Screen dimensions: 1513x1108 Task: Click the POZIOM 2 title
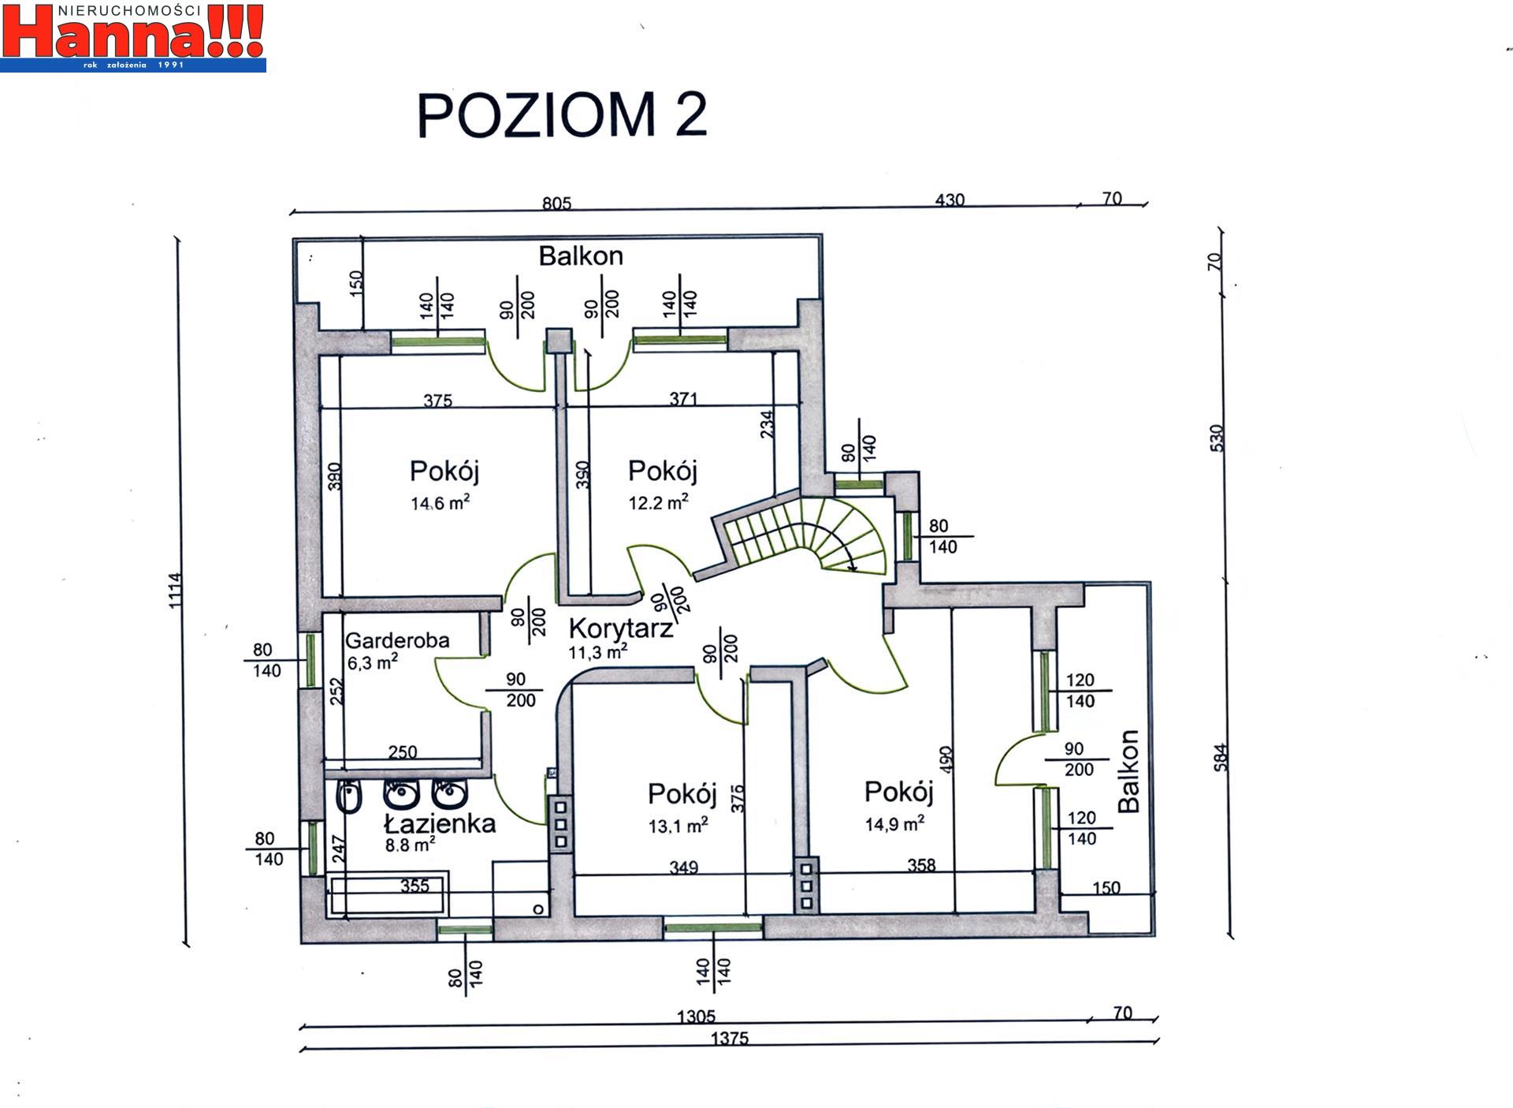pos(561,115)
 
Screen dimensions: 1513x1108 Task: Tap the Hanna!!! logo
pos(133,37)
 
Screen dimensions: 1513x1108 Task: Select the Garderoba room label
pos(397,640)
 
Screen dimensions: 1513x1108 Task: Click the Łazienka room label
pos(440,823)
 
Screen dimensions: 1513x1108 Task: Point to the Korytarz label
pos(621,629)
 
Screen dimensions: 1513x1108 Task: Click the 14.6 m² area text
pos(441,502)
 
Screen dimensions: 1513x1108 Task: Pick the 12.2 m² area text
pos(658,502)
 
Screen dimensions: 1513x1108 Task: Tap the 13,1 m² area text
pos(678,825)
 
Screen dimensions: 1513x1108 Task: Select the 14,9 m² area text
pos(894,824)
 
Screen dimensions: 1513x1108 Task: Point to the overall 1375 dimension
pos(730,1039)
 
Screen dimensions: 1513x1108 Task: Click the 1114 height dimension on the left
pos(175,590)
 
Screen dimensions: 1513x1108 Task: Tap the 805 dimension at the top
pos(556,203)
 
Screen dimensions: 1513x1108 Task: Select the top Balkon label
pos(581,256)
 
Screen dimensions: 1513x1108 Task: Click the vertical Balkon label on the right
pos(1128,770)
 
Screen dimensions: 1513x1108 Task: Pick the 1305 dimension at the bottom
pos(696,1017)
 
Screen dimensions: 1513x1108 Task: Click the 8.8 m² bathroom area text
pos(410,845)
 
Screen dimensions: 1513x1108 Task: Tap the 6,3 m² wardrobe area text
pos(372,662)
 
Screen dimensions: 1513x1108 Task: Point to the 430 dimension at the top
pos(950,200)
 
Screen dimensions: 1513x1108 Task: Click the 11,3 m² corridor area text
pos(598,651)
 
